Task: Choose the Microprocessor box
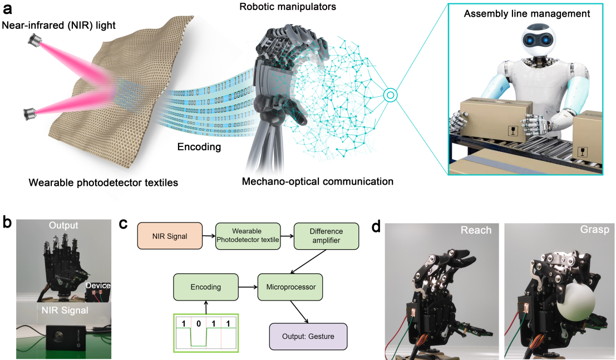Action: pos(290,287)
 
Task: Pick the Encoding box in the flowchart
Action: pos(205,287)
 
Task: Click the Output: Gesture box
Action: pos(308,336)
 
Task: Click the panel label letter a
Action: pos(8,9)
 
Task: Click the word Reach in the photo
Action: pos(476,230)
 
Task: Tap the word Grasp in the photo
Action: pos(595,230)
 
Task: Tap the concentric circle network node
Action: pos(391,95)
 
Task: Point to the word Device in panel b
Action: pos(97,286)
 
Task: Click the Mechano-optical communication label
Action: pos(318,181)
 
